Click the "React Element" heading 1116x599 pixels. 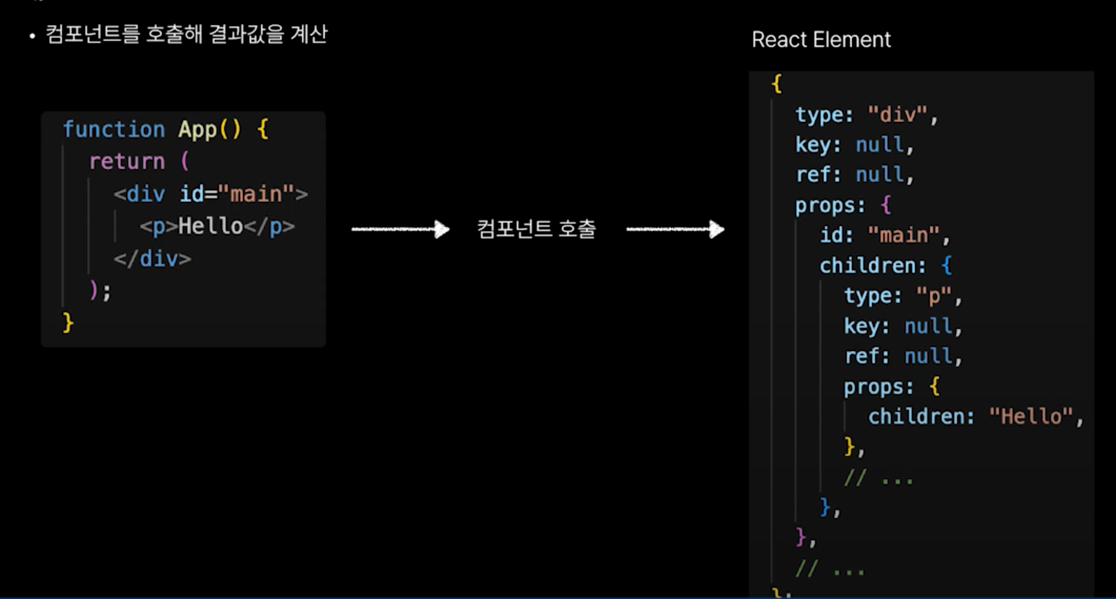821,40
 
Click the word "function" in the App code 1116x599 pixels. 114,129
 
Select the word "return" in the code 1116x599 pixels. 127,161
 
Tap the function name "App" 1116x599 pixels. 197,129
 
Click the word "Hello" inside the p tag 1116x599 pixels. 210,226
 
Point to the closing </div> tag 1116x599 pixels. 153,259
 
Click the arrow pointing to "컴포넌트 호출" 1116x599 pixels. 400,229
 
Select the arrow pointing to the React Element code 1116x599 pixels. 675,229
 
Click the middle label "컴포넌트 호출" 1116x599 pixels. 536,229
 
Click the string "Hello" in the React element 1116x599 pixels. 1031,417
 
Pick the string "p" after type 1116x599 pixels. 934,296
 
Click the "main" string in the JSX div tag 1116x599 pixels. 256,194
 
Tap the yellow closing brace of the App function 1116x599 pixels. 68,323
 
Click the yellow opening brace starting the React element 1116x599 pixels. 777,84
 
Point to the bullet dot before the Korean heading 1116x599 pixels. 33,36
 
